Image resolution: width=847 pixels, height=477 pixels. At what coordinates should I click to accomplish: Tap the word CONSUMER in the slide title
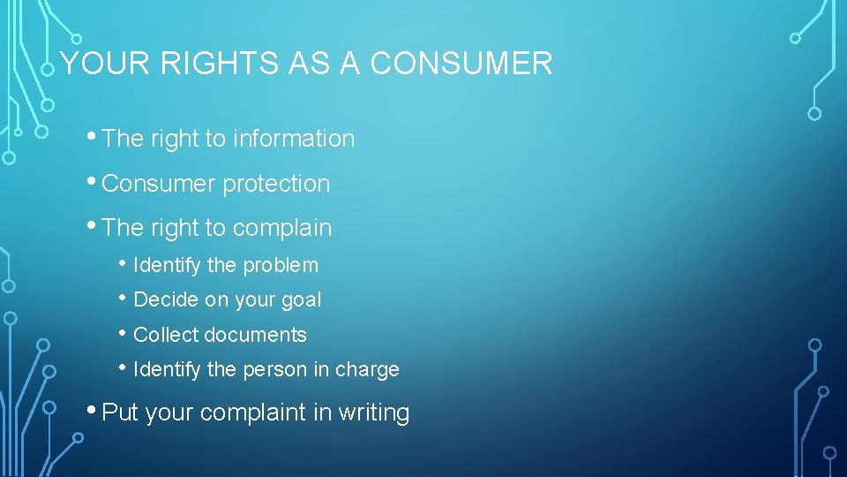point(461,64)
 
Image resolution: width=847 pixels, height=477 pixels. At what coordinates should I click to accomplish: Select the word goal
point(302,300)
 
